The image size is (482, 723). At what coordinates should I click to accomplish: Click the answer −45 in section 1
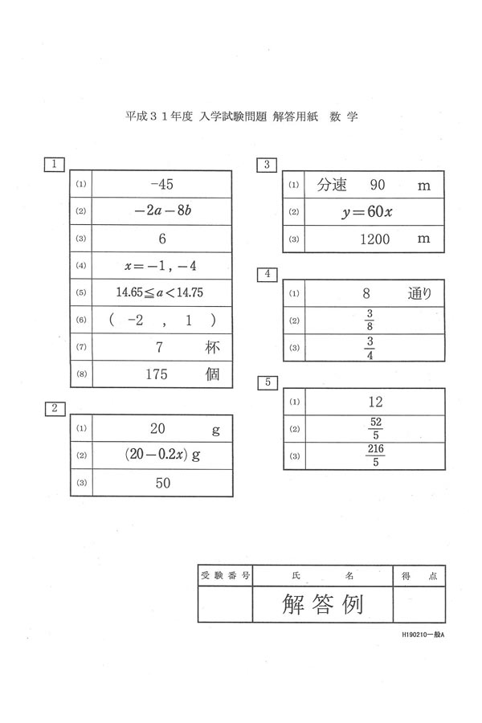tap(162, 185)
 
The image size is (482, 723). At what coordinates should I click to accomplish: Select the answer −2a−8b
tap(163, 210)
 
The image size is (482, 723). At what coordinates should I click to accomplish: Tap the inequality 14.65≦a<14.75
tap(160, 292)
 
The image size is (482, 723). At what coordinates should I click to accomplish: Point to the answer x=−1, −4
tap(161, 266)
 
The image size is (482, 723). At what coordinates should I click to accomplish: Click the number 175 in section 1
tap(157, 374)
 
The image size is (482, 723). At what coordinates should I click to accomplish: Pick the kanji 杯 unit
tap(212, 347)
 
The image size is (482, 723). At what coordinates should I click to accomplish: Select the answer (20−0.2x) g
tap(162, 455)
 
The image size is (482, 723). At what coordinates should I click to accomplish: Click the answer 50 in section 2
tap(163, 483)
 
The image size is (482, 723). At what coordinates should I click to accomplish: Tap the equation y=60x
tap(367, 212)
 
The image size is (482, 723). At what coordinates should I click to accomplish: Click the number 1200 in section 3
tap(374, 239)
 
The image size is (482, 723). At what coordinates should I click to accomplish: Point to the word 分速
tap(332, 185)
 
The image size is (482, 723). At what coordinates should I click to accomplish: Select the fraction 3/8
tap(370, 320)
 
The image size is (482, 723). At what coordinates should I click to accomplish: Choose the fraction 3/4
tap(370, 348)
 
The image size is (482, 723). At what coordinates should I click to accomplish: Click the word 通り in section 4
tap(419, 293)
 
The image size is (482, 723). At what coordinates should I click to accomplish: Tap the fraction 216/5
tap(375, 455)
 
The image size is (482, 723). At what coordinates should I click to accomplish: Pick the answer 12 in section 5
tap(375, 402)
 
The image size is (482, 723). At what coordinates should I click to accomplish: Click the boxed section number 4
tap(267, 274)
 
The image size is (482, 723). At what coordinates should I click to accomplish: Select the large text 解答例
tap(322, 604)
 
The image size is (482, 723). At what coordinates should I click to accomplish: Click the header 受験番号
tap(225, 575)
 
